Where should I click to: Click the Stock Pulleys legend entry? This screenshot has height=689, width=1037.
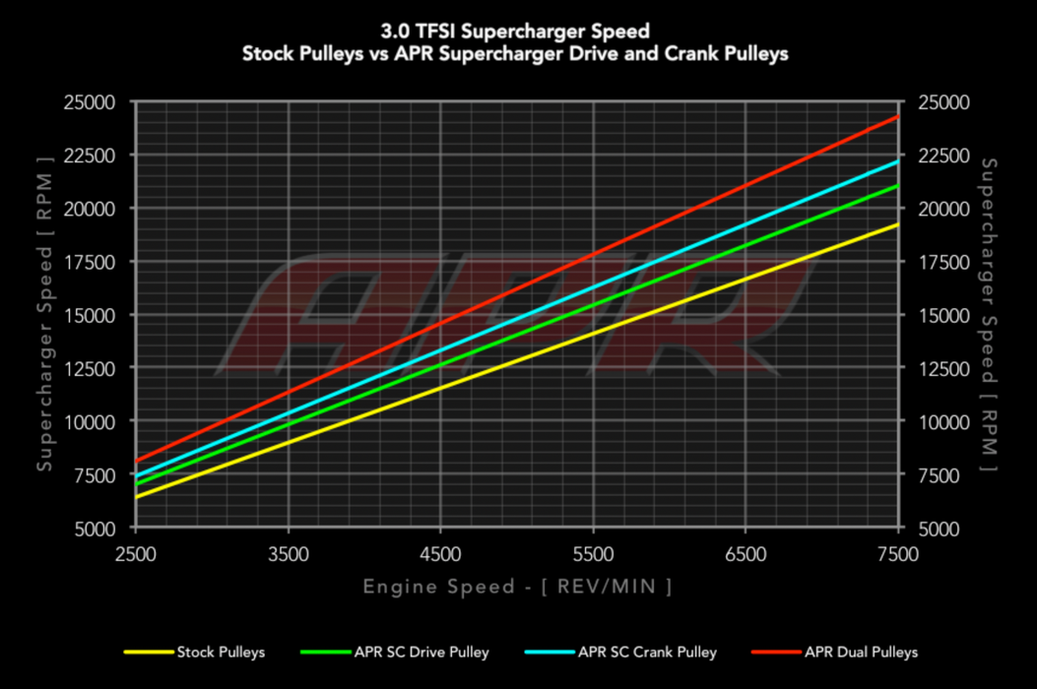pos(221,652)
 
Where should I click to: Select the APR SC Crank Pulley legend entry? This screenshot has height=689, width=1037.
pos(647,652)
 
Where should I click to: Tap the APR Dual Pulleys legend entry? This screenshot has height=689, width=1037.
pos(861,652)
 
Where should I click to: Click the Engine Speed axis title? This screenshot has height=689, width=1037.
pos(517,588)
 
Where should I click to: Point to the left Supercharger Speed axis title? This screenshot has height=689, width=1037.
pos(44,314)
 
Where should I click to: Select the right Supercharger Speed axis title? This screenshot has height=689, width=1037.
pos(991,314)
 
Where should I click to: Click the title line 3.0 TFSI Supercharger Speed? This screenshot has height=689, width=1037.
pos(516,32)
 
